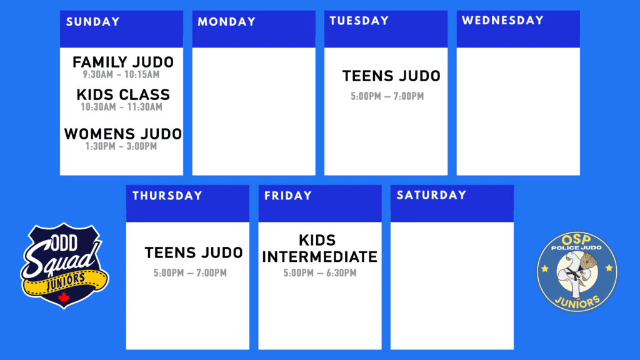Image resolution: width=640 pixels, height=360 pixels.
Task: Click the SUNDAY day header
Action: (x=92, y=22)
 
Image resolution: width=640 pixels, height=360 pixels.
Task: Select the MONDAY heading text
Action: (x=226, y=22)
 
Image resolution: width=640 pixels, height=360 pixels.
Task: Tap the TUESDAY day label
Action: (x=359, y=21)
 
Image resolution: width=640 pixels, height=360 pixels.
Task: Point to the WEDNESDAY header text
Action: (x=502, y=21)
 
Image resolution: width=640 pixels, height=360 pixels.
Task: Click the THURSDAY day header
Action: (x=167, y=196)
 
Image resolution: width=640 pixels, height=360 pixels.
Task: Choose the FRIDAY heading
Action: (x=287, y=196)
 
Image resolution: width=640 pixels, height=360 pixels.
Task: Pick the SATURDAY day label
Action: (x=431, y=195)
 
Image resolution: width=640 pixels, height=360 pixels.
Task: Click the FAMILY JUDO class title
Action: (x=123, y=62)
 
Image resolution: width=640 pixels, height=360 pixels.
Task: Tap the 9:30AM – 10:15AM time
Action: (x=121, y=75)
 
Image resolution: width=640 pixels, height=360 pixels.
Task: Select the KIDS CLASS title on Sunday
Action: (x=123, y=95)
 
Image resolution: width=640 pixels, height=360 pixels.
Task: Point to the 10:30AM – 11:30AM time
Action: (x=121, y=107)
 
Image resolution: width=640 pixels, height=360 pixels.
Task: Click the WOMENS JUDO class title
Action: (x=123, y=134)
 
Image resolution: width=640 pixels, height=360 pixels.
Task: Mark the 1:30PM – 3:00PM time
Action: (x=121, y=146)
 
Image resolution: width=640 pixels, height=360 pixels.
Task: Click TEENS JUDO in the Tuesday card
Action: (x=391, y=76)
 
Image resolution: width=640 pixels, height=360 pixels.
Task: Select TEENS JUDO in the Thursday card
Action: (x=194, y=252)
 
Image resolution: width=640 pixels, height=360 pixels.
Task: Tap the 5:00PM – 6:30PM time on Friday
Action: (x=320, y=272)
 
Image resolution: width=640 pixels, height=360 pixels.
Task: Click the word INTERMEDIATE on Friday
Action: (x=319, y=257)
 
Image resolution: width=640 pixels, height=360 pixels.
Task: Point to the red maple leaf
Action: (x=64, y=297)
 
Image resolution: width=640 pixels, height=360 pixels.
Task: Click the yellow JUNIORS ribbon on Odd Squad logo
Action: (x=65, y=282)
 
